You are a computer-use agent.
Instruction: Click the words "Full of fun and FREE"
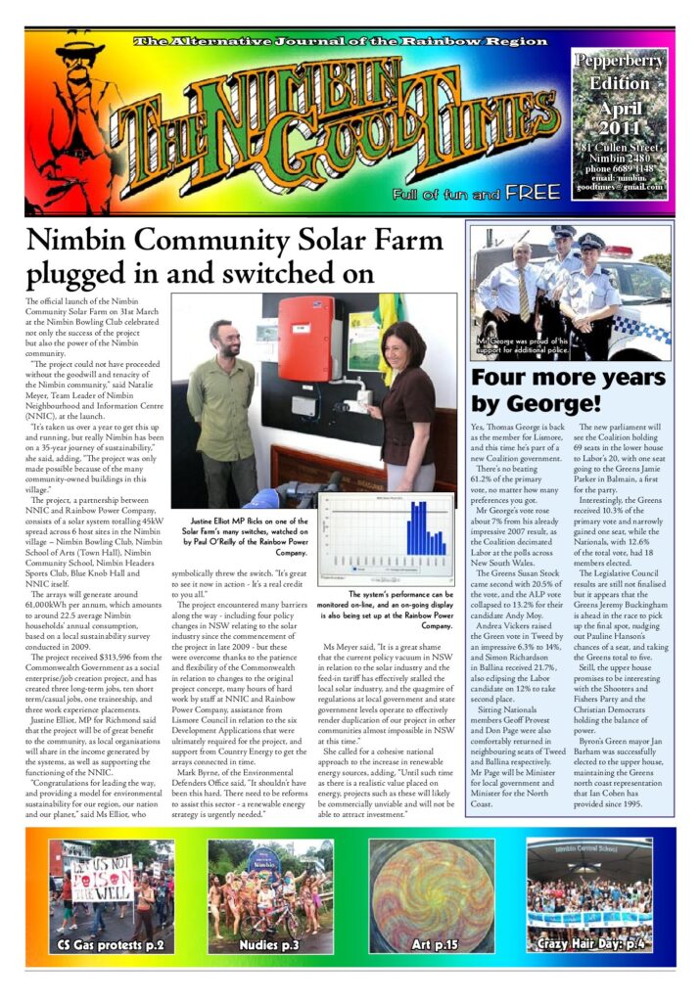tap(477, 194)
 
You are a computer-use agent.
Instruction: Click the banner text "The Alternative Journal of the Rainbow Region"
tap(341, 42)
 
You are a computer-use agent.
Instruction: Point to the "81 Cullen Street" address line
tap(619, 148)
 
